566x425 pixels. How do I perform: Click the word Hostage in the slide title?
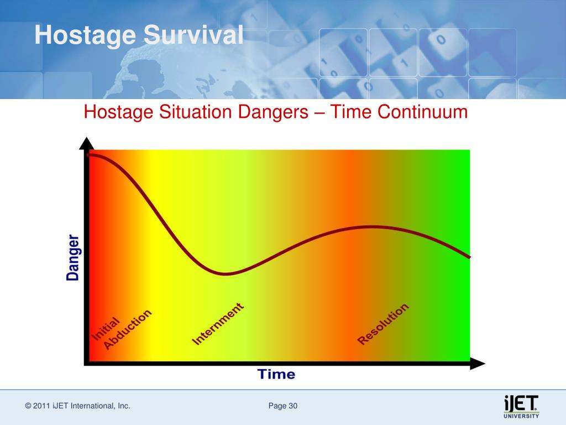point(85,36)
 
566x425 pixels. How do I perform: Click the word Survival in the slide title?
point(193,35)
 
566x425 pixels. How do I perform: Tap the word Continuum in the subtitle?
point(422,112)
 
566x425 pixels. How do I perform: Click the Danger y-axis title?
point(72,257)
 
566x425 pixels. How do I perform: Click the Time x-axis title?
point(276,374)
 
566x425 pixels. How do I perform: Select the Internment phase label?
point(218,324)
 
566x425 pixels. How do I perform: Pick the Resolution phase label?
point(382,324)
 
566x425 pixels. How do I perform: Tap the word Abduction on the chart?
point(128,329)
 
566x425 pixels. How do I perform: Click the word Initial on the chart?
point(105,329)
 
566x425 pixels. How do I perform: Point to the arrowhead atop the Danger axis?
point(86,143)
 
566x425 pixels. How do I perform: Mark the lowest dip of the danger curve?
point(225,273)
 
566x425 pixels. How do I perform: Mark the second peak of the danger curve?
point(372,227)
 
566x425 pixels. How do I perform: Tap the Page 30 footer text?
point(282,406)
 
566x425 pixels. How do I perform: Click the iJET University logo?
point(521,407)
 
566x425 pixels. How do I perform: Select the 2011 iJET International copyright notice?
point(77,406)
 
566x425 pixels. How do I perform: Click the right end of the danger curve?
point(469,257)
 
